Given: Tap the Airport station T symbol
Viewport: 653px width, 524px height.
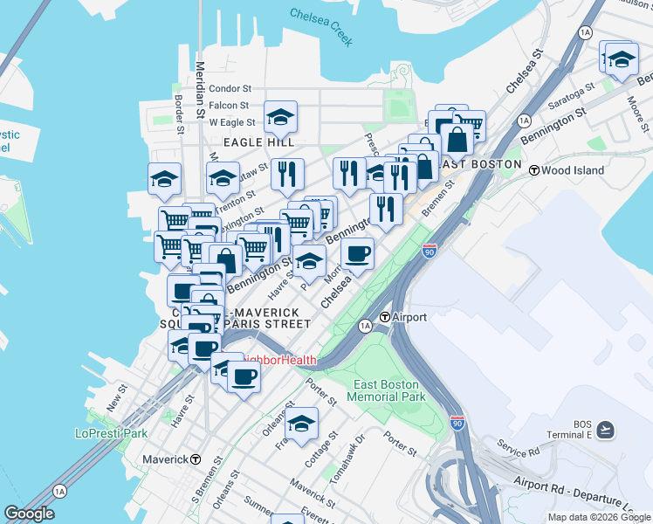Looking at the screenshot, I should click(x=384, y=317).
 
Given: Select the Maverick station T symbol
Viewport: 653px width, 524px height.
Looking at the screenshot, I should click(x=196, y=459).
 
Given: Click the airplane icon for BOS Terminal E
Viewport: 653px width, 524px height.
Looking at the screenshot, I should click(x=607, y=429).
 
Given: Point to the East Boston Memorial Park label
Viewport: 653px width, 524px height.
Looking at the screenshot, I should click(x=388, y=390).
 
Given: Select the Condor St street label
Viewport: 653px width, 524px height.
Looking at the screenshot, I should click(x=230, y=88).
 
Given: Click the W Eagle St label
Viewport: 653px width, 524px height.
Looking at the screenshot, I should click(x=231, y=123).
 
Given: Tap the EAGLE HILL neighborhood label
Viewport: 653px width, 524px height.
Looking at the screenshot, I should click(x=258, y=141).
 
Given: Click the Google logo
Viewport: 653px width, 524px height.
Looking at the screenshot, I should click(x=30, y=514).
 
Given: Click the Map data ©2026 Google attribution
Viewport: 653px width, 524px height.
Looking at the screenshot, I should click(x=598, y=517).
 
